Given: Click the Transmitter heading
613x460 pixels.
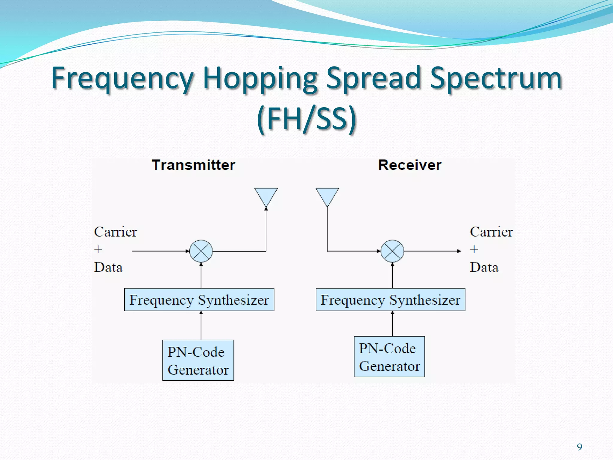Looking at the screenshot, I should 193,165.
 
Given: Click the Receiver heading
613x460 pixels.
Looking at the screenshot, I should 409,165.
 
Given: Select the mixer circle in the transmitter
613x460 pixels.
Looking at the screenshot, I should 201,251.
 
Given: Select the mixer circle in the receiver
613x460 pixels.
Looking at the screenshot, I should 392,251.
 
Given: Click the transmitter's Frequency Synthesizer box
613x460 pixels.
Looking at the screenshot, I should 199,300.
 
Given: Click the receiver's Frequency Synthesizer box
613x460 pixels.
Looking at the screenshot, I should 390,300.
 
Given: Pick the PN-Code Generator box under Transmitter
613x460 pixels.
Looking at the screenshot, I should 198,360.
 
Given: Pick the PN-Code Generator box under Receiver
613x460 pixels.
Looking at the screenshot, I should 389,357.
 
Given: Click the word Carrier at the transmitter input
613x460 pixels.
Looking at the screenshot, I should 115,232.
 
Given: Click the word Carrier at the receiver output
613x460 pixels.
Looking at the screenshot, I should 491,232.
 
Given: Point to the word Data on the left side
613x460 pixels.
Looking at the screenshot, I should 108,267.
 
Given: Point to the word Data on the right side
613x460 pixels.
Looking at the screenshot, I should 484,267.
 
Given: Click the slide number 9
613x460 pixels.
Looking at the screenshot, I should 579,447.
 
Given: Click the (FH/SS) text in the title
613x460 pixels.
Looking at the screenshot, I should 306,119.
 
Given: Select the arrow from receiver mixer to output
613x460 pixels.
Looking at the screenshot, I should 433,251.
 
